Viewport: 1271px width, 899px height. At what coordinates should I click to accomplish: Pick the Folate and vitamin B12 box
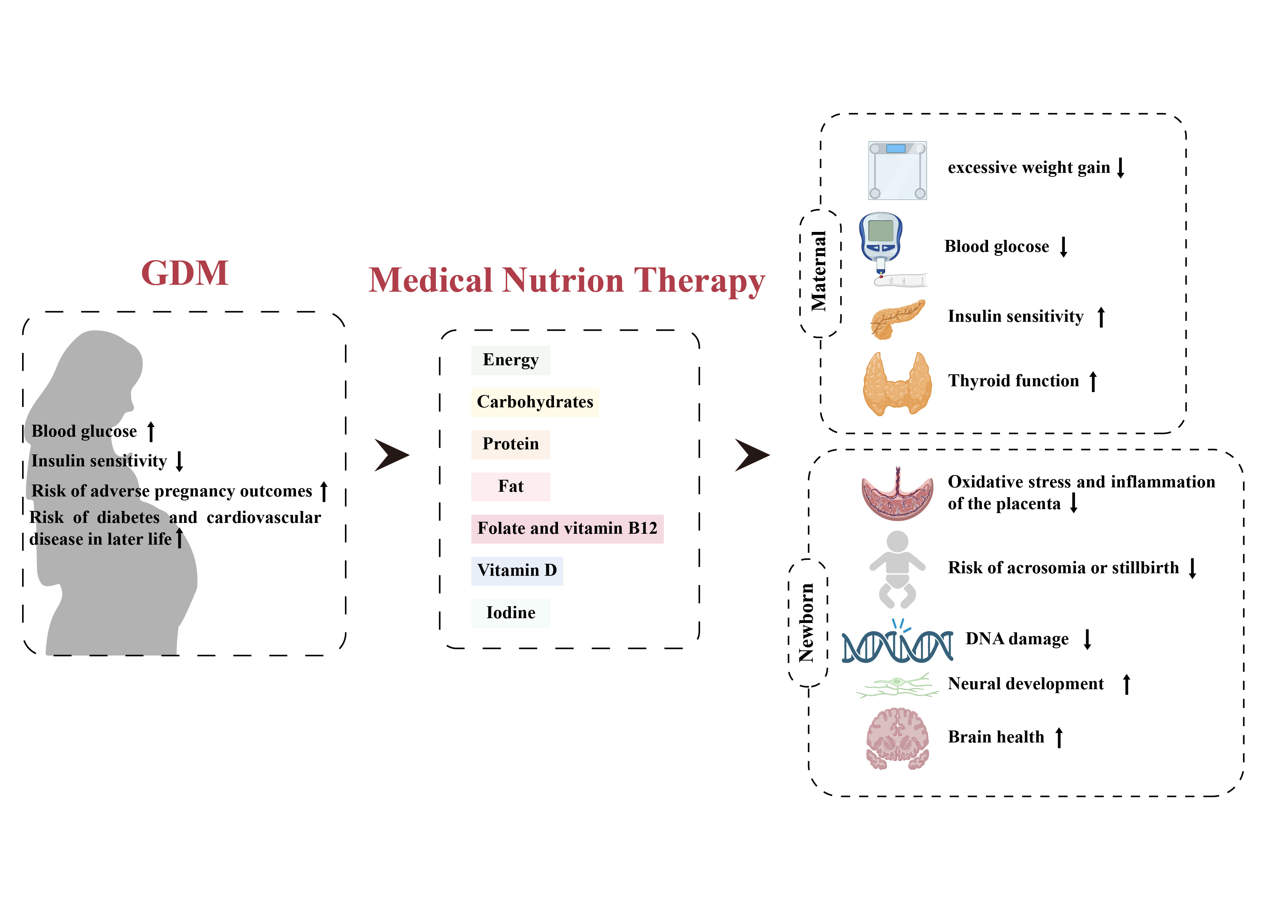pyautogui.click(x=567, y=529)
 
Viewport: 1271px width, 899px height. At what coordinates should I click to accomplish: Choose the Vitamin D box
pyautogui.click(x=517, y=571)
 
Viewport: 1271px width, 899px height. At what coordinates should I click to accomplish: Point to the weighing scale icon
pyautogui.click(x=897, y=171)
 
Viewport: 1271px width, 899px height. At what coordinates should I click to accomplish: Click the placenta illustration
pyautogui.click(x=897, y=495)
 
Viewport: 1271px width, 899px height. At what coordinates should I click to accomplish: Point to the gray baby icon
pyautogui.click(x=897, y=569)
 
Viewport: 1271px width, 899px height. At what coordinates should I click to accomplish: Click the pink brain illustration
pyautogui.click(x=897, y=738)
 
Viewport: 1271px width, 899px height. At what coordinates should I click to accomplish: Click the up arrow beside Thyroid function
pyautogui.click(x=1093, y=382)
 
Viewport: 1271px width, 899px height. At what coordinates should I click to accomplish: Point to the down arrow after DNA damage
pyautogui.click(x=1087, y=640)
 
